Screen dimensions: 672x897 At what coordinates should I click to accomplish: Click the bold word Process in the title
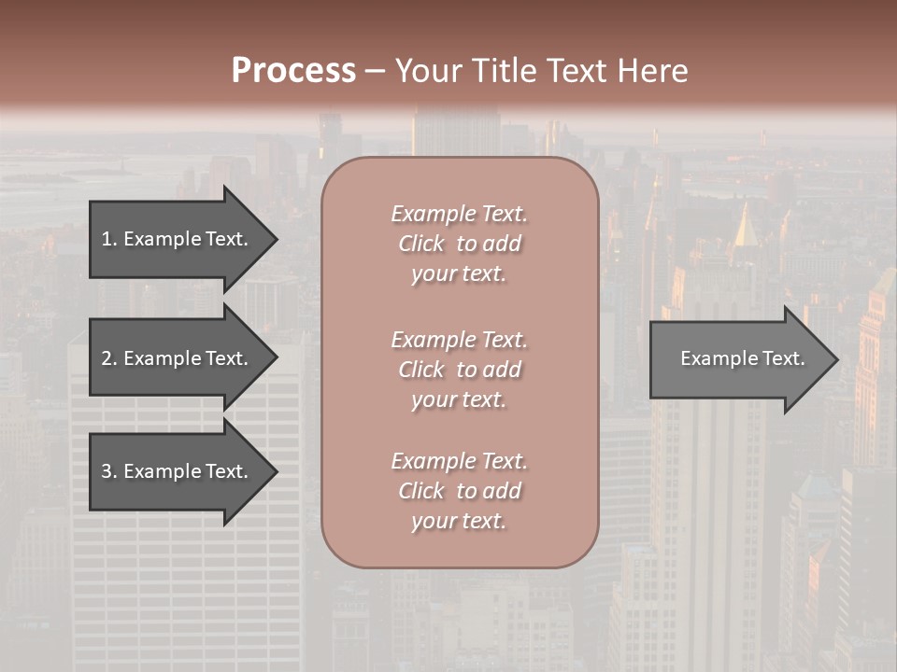coord(293,71)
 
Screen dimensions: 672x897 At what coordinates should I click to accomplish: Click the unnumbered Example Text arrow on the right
coord(738,359)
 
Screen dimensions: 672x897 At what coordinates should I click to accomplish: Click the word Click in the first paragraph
coord(421,244)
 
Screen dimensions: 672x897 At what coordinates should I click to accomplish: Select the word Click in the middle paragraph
coord(421,370)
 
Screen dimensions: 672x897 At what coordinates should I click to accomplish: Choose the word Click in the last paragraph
coord(421,491)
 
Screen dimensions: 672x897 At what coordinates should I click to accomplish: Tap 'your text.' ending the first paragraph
coord(459,274)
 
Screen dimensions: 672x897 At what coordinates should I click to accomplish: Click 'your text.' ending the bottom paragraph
coord(459,522)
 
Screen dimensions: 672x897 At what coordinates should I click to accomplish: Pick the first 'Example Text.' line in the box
coord(459,214)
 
